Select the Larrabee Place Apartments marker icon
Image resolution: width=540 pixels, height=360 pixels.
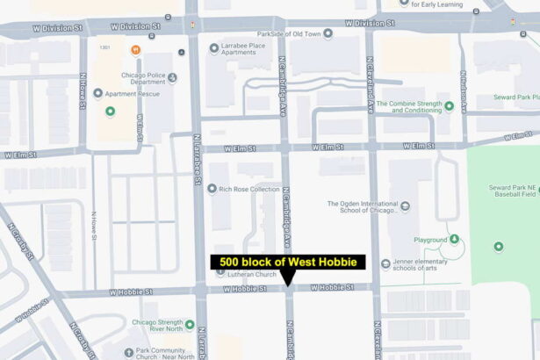[x=213, y=47]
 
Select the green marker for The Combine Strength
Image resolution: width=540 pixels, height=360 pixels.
[x=449, y=106]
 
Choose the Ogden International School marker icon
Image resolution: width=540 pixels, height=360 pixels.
[x=404, y=207]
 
